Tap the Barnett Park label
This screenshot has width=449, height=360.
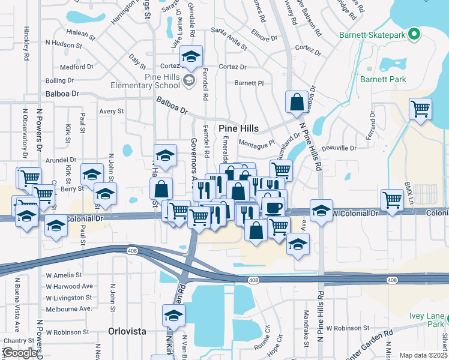383,79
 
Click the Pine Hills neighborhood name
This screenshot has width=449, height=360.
238,128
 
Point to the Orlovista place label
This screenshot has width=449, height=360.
127,331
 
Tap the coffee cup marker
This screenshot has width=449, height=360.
273,207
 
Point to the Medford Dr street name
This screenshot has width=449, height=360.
76,67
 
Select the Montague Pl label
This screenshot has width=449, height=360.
256,143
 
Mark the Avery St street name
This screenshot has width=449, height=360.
111,111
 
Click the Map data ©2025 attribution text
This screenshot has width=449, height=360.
423,355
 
